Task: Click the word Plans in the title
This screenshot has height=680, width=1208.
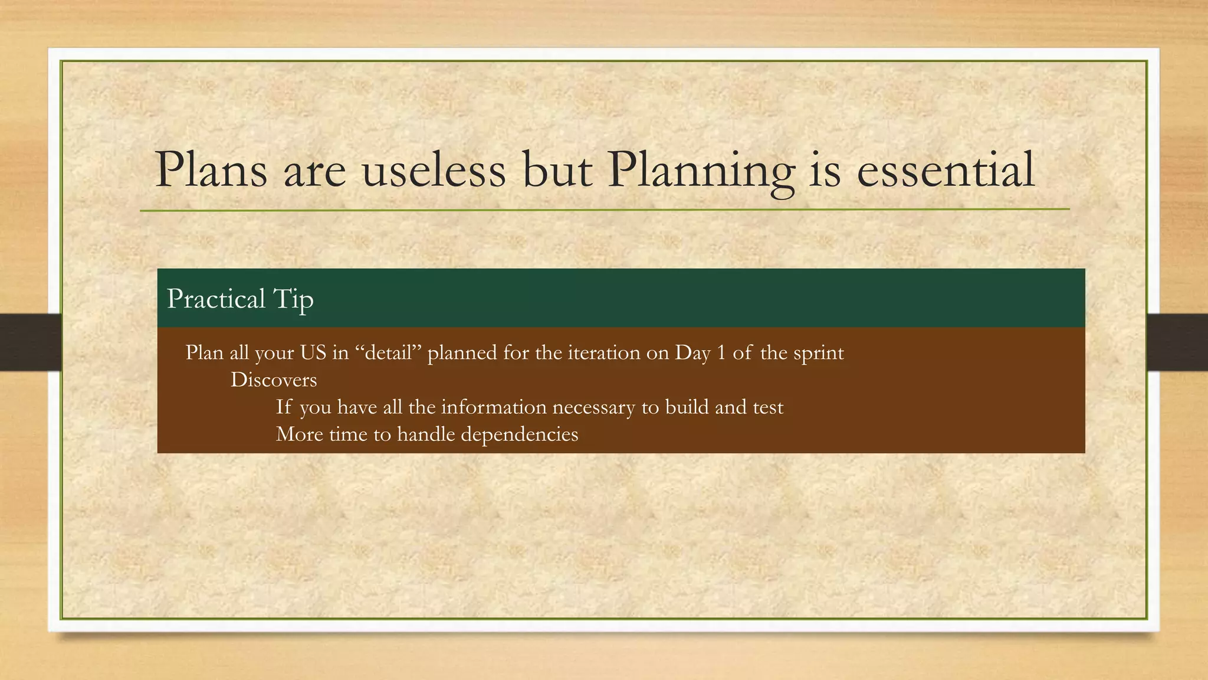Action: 211,170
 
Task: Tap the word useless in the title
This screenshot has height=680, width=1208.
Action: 434,170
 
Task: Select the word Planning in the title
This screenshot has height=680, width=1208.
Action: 701,170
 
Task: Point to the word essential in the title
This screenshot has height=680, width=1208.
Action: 946,170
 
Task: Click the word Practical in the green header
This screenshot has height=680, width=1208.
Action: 216,299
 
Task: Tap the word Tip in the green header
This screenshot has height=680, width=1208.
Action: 293,299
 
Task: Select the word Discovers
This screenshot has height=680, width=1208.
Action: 273,380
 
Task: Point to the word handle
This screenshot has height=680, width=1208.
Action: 426,434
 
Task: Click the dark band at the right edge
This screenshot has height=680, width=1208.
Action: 1177,342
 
